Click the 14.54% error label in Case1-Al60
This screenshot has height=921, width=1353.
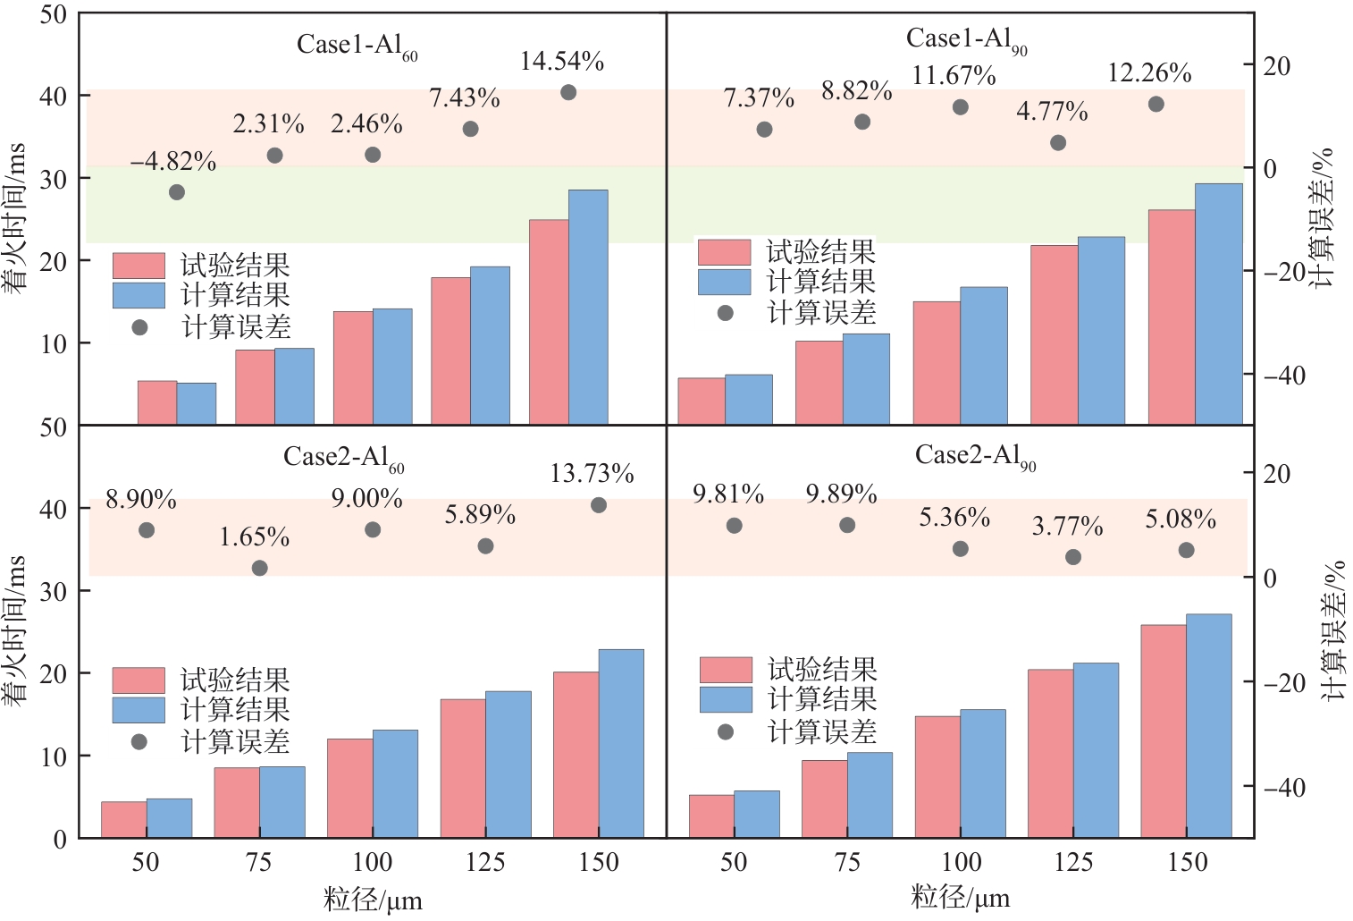(x=562, y=61)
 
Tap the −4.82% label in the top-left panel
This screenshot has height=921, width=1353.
(x=173, y=162)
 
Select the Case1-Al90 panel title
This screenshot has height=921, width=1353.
(x=966, y=39)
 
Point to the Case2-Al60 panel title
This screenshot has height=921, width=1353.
(x=344, y=458)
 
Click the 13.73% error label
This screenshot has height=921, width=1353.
(x=592, y=473)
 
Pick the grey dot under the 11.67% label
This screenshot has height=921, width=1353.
(x=961, y=107)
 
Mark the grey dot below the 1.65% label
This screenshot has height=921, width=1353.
(x=259, y=568)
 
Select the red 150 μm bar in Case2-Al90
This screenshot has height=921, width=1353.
(x=1164, y=731)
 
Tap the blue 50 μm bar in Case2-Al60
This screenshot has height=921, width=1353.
(x=169, y=818)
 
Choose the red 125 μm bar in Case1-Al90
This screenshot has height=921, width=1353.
(x=1054, y=334)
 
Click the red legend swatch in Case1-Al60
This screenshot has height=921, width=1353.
(x=139, y=266)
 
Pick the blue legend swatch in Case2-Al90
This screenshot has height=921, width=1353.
(x=726, y=699)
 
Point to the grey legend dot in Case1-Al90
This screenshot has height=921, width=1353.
(x=726, y=313)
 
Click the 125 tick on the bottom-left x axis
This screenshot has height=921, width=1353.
(x=485, y=862)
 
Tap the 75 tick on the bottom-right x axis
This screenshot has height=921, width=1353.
(x=847, y=862)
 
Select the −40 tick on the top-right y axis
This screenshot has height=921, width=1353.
(x=1284, y=376)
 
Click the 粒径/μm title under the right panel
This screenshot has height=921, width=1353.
(x=961, y=898)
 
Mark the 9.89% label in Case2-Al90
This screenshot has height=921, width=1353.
(x=841, y=494)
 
